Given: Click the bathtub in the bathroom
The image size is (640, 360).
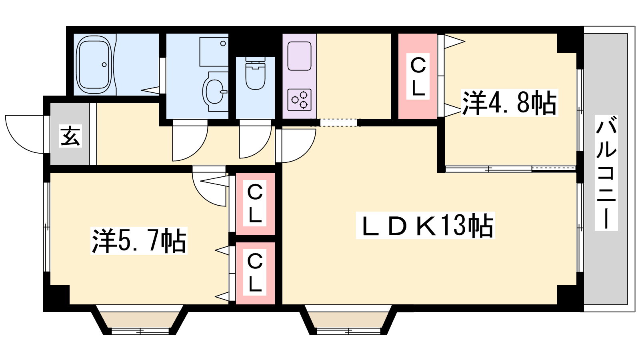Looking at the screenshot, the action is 94,65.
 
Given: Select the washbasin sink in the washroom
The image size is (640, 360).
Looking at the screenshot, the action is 215,92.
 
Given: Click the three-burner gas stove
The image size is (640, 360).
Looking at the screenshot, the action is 300,100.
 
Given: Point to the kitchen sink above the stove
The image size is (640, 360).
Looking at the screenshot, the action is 300,56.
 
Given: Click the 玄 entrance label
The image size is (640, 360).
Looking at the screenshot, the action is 70,136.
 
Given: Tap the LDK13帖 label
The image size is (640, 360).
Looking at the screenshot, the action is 426,226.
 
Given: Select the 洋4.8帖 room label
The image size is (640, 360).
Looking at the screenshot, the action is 510,102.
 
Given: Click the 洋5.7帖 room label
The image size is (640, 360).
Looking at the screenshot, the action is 139,240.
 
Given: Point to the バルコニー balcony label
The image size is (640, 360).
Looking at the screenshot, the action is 606,172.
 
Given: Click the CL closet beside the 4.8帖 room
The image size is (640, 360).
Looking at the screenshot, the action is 418,76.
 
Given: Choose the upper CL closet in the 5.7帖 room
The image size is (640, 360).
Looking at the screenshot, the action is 255,204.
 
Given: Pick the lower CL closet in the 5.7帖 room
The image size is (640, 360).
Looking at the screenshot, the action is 255,273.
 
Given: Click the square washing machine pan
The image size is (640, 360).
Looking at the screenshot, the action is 214,52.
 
